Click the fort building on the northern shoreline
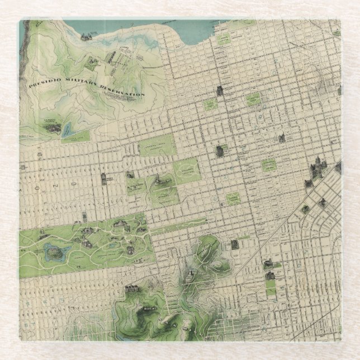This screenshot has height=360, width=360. (x=86, y=37)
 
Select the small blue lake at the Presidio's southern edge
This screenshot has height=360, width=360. (x=67, y=130)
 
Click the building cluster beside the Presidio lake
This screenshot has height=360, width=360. (x=53, y=128)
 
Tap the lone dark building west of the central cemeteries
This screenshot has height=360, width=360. (x=103, y=178)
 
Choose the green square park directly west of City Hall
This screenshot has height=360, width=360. (x=268, y=165)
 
